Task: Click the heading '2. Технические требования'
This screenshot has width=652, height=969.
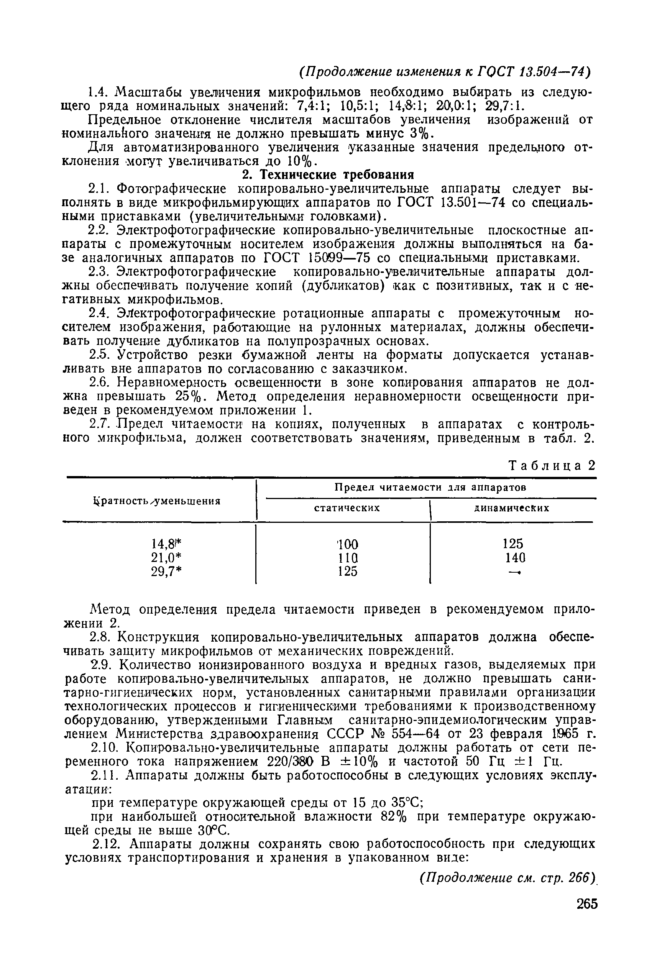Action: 328,174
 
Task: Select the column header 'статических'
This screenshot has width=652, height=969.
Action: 347,507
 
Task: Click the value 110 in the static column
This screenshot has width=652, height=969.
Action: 347,557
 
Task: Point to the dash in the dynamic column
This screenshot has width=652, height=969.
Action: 514,572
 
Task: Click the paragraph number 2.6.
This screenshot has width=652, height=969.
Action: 101,382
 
